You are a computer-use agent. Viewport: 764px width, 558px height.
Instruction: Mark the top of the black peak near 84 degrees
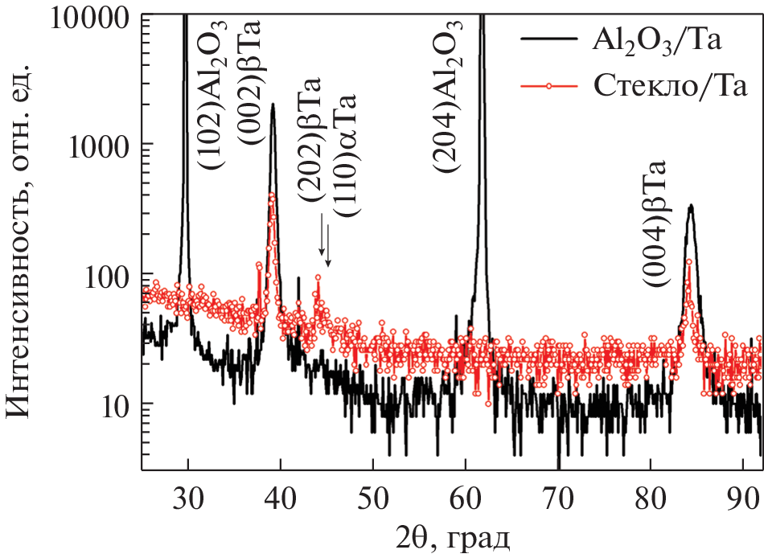click(x=689, y=205)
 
